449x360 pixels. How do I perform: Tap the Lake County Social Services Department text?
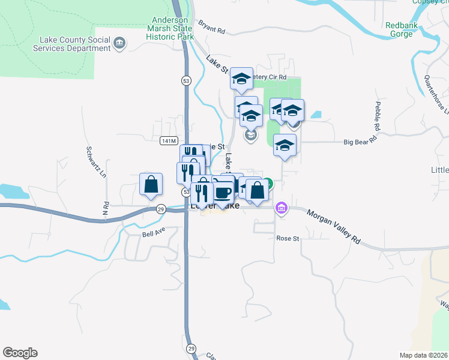[75, 44]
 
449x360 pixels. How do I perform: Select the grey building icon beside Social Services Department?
[119, 43]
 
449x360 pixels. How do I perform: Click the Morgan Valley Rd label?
[333, 225]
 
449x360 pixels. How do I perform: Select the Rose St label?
[288, 238]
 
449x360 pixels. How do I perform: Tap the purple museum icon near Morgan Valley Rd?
[280, 209]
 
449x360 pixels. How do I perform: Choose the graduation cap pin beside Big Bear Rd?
[285, 145]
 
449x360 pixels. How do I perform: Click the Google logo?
[20, 353]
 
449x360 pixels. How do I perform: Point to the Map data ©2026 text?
[423, 355]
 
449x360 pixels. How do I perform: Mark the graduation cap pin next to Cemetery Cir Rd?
[241, 79]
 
